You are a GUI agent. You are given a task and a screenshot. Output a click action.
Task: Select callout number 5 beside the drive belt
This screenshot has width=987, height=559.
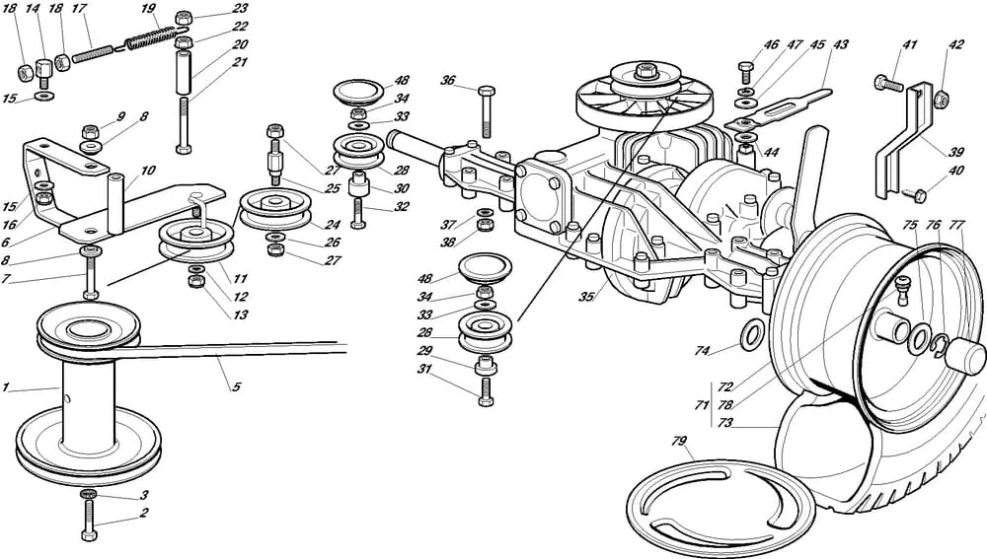[x=236, y=387]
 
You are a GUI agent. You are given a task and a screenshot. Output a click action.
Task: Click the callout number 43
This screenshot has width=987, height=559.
[x=840, y=44]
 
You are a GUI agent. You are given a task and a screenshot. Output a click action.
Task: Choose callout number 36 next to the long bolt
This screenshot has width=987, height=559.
[x=449, y=81]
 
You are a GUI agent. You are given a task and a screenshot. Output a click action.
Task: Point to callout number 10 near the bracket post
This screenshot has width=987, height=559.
[x=148, y=171]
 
